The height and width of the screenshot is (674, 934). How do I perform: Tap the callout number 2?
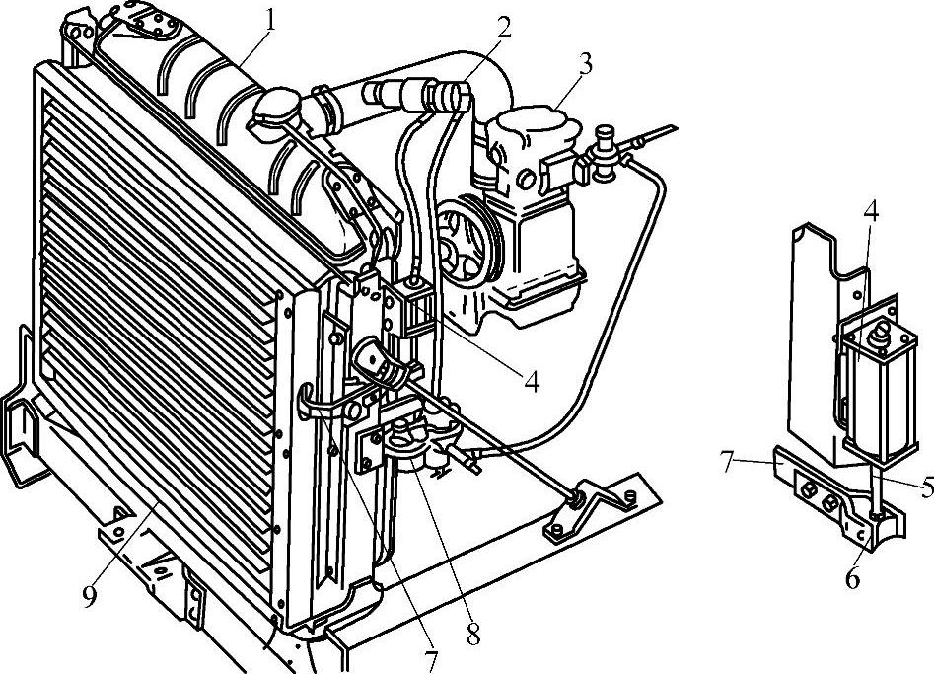[504, 28]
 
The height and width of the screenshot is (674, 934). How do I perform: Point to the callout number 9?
[90, 597]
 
